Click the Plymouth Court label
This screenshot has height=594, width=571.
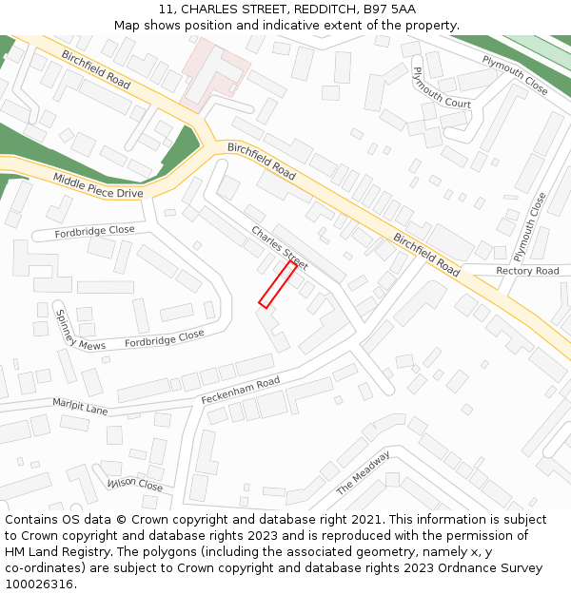pos(442,87)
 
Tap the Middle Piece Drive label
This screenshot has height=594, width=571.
pos(97,186)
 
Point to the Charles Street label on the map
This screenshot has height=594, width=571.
pos(279,246)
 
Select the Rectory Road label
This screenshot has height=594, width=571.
pos(528,271)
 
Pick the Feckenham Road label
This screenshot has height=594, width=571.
pos(240,389)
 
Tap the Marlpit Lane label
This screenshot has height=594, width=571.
pos(80,406)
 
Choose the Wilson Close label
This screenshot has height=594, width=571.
pos(135,485)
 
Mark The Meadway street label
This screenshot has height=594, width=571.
pos(364,473)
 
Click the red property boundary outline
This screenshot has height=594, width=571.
pos(277,283)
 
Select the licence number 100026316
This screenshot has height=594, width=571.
pos(39,584)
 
